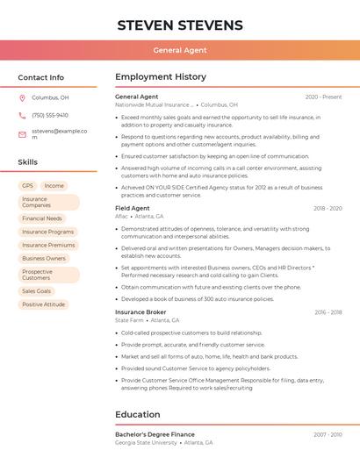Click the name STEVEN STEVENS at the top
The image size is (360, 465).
[180, 24]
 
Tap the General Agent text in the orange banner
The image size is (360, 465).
[180, 50]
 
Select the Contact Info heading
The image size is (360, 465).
[41, 77]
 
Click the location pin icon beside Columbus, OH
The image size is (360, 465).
[22, 98]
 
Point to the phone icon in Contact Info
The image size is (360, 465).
[22, 116]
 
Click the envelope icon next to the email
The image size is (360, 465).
[22, 134]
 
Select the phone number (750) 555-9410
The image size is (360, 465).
[50, 116]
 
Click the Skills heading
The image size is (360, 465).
[28, 162]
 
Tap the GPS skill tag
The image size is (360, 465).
[27, 186]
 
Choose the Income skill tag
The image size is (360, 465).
[54, 186]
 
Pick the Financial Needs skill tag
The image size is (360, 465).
[42, 218]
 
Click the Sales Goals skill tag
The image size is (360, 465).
[37, 291]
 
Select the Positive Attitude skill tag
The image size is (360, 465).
[44, 304]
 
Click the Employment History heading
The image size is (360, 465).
[161, 77]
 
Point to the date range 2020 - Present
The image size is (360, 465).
[323, 97]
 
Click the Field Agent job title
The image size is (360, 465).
[133, 208]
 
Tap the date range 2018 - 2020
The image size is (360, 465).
[328, 208]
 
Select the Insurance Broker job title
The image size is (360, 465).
[140, 312]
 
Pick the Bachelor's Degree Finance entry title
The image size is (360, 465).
[155, 434]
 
